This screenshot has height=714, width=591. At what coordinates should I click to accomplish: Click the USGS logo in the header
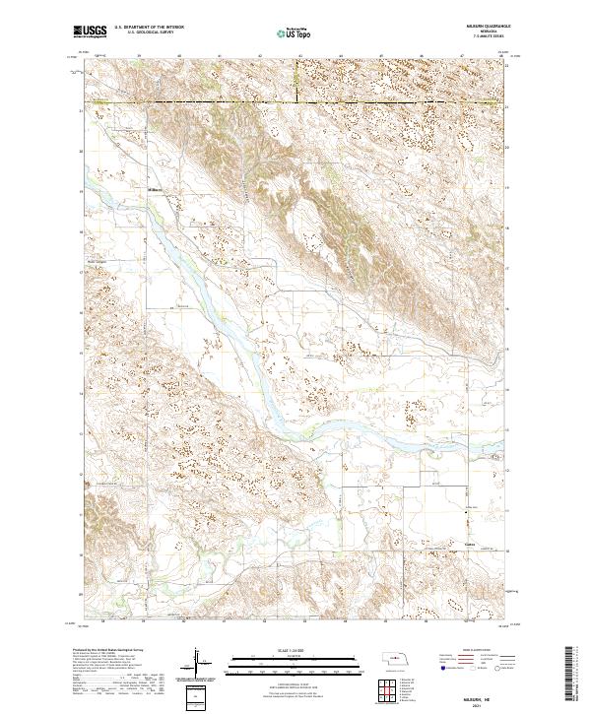(91, 32)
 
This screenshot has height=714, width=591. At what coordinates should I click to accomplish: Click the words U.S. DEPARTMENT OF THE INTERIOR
(149, 28)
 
